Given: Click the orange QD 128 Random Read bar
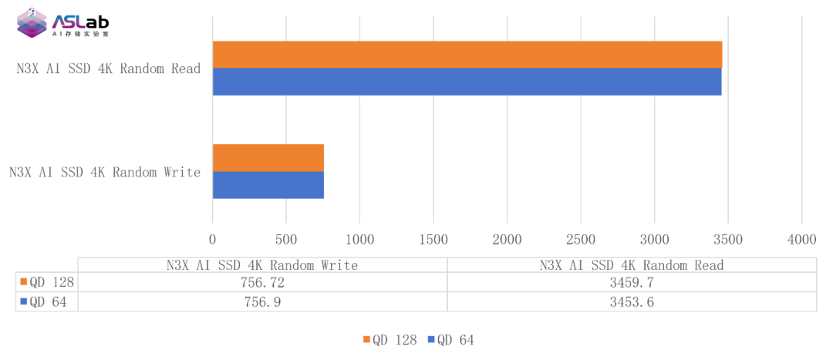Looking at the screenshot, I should click(x=467, y=54).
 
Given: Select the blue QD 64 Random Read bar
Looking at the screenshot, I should click(x=467, y=82).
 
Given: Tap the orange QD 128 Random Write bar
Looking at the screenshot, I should click(x=268, y=158).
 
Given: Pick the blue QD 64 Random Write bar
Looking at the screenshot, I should click(x=268, y=186).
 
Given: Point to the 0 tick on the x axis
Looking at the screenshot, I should click(x=213, y=239).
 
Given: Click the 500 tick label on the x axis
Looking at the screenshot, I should click(x=286, y=239).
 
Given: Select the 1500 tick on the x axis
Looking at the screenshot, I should click(x=433, y=239).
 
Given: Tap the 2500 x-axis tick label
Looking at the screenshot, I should click(x=581, y=239).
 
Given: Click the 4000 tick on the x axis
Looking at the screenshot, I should click(x=801, y=239).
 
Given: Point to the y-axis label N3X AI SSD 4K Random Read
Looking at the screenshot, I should click(x=109, y=69).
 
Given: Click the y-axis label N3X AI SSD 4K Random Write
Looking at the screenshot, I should click(x=105, y=172).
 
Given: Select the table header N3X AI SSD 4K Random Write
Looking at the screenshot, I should click(x=262, y=265).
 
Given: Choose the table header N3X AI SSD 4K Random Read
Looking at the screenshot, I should click(x=632, y=265).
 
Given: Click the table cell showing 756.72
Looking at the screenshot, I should click(x=262, y=283).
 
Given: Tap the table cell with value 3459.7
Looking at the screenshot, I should click(x=632, y=283).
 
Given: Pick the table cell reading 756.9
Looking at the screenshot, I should click(x=262, y=302).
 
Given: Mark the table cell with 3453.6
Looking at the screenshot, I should click(x=632, y=302).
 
